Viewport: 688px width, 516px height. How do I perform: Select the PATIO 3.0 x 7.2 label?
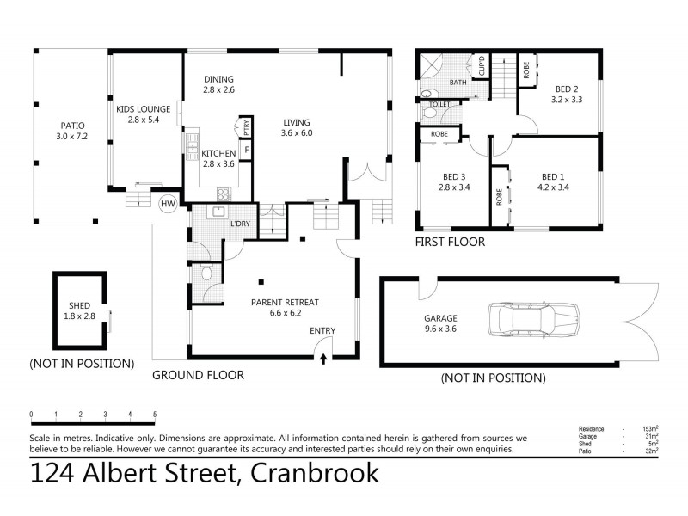pos(73,130)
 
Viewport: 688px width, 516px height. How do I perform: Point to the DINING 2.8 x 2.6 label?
pos(218,83)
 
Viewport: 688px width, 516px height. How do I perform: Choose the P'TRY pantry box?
pos(247,128)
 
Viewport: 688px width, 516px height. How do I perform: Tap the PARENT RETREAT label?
pos(285,308)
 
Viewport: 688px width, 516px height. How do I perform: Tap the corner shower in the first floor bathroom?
pos(429,68)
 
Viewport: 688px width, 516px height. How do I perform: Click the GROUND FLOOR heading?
pos(198,375)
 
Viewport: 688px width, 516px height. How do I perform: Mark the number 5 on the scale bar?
pos(155,415)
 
